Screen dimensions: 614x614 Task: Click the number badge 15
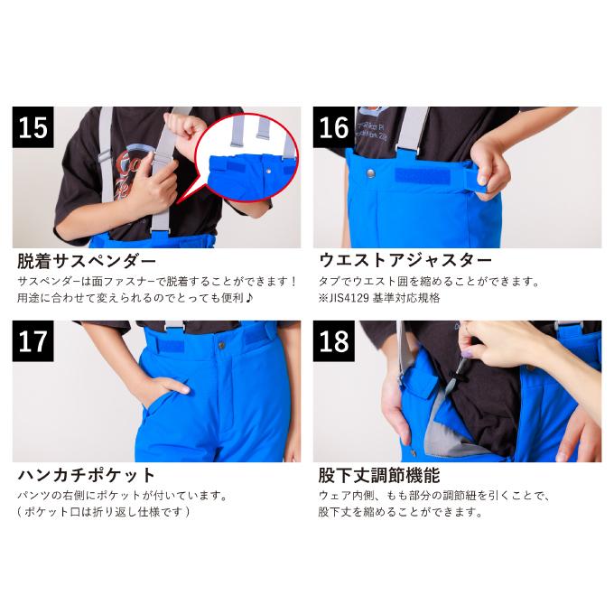click(33, 127)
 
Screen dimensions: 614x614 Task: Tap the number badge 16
click(334, 127)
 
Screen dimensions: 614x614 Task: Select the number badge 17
click(33, 340)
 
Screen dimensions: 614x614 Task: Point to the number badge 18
click(334, 340)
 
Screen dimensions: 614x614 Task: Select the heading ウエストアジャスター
click(405, 262)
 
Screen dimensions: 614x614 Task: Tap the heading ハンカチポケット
click(87, 475)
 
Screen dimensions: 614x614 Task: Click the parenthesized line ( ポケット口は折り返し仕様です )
click(104, 512)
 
